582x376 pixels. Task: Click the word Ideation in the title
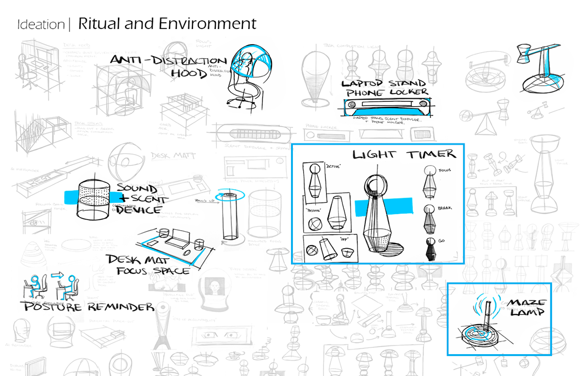(x=40, y=24)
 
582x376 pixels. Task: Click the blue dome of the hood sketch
(x=250, y=61)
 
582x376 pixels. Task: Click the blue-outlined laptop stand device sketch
(x=386, y=107)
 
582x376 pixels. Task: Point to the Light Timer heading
(x=404, y=154)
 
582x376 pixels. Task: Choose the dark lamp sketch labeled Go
(x=429, y=249)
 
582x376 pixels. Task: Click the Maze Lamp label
(x=527, y=307)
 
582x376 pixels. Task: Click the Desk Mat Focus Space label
(x=148, y=265)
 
